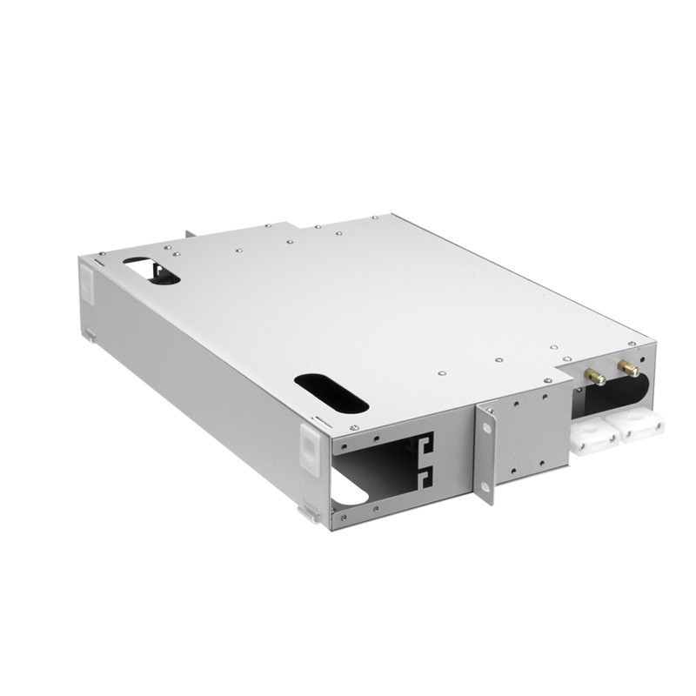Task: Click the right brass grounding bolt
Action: pyautogui.click(x=627, y=369)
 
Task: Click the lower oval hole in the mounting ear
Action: pyautogui.click(x=485, y=483)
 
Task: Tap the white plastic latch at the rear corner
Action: pyautogui.click(x=86, y=284)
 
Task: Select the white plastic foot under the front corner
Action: pyautogui.click(x=309, y=513)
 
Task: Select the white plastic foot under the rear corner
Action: pyautogui.click(x=90, y=334)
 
